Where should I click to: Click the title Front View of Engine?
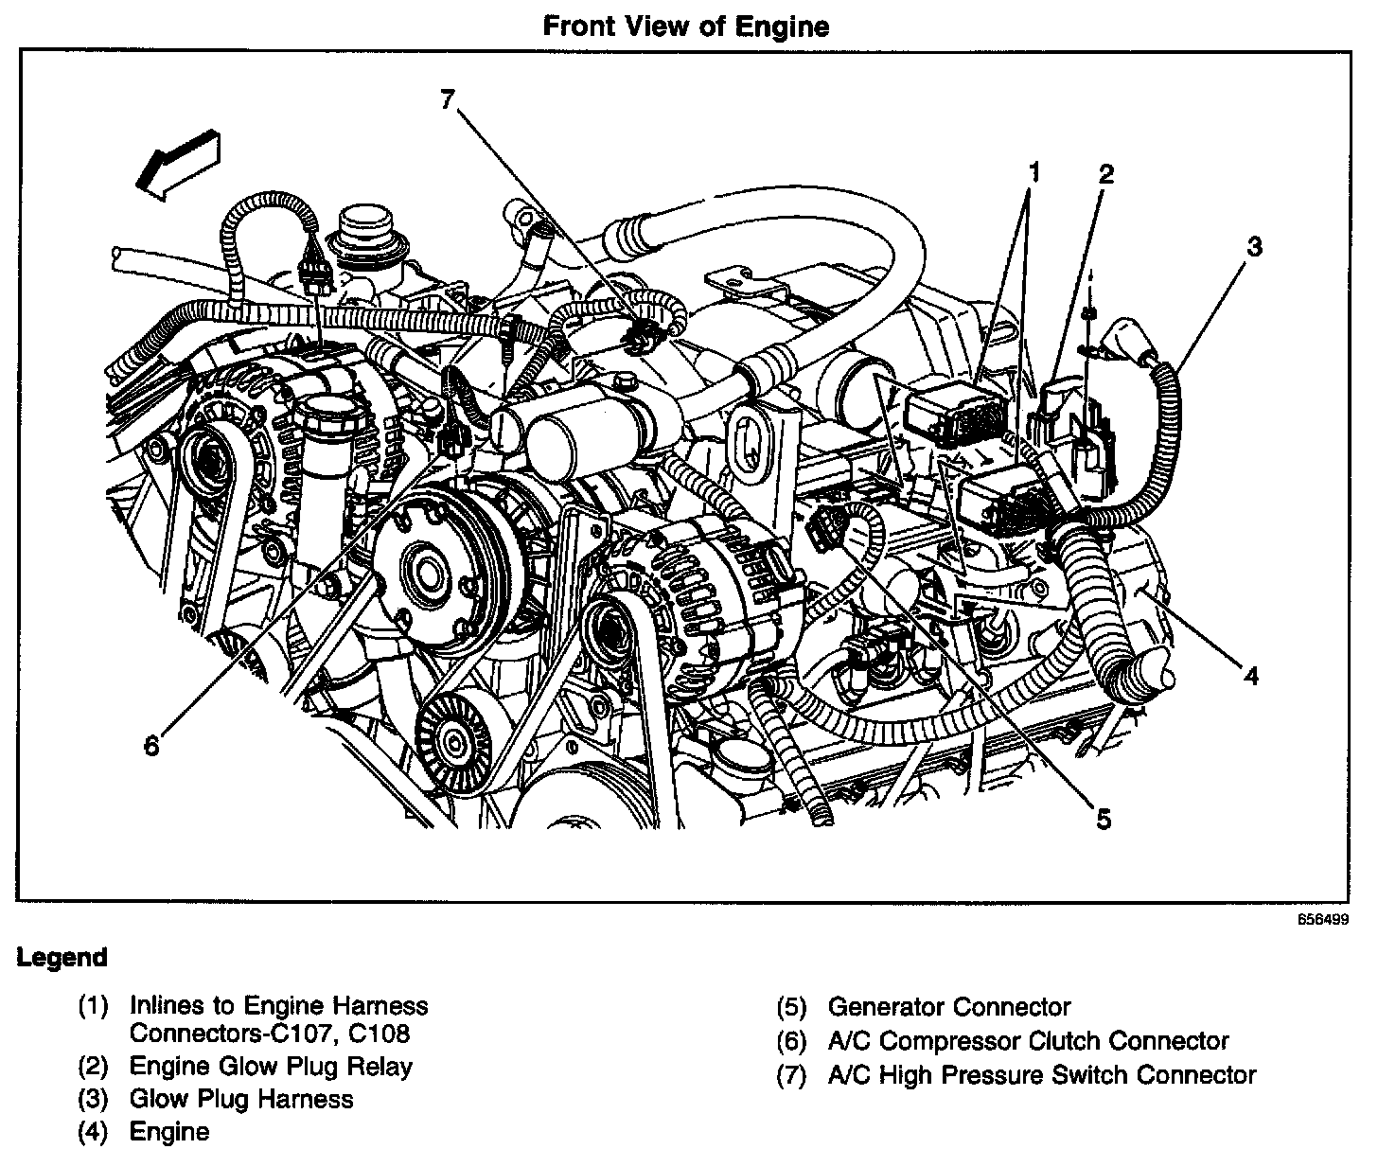click(x=686, y=26)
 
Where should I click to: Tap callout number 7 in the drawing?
click(x=448, y=99)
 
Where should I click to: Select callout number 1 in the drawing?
click(x=1033, y=172)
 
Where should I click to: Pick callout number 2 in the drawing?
click(x=1105, y=174)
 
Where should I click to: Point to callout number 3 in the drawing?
click(x=1253, y=247)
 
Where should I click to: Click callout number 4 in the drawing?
click(x=1250, y=676)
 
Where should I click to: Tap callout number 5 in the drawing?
click(x=1104, y=819)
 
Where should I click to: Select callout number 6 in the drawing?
click(x=152, y=745)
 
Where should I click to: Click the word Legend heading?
click(x=62, y=958)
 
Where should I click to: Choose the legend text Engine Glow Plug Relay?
click(x=271, y=1067)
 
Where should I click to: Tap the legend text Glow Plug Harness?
click(x=241, y=1099)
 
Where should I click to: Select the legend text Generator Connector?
click(x=948, y=1007)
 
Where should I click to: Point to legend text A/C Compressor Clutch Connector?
click(x=1028, y=1041)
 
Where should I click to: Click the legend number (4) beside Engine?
click(x=94, y=1131)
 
